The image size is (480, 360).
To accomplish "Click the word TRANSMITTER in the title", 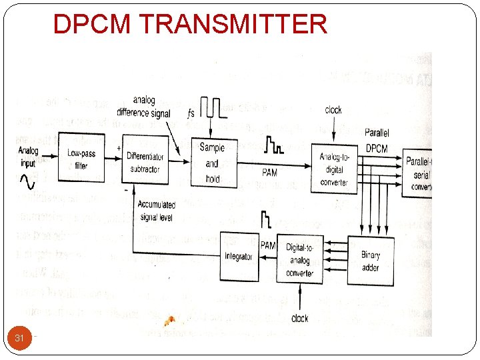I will click(233, 24).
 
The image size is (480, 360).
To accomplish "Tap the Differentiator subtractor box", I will click(143, 160).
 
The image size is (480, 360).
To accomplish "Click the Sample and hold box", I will click(212, 163).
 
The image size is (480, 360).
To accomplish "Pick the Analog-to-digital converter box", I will click(334, 168).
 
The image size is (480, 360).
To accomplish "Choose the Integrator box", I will click(239, 256).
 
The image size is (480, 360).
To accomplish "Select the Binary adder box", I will click(370, 261).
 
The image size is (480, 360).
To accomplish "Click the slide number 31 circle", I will click(19, 338).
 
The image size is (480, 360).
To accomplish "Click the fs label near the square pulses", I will click(192, 113).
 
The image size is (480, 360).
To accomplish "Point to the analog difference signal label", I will click(143, 107).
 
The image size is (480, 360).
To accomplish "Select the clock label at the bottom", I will click(300, 318).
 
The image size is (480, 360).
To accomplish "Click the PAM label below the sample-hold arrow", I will click(270, 173).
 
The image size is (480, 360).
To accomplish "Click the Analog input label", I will click(29, 157).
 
